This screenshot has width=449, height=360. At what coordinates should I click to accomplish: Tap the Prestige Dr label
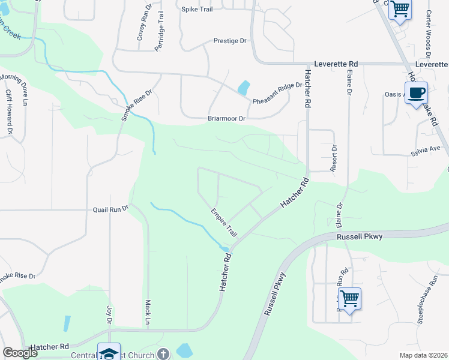tap(231, 41)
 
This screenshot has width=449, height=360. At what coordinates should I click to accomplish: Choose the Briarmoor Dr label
tap(227, 119)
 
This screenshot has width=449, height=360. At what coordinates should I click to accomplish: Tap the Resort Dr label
tap(334, 158)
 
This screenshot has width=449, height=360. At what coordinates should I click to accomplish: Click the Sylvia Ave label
tap(426, 148)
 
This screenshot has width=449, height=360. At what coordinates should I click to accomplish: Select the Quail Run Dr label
tap(111, 209)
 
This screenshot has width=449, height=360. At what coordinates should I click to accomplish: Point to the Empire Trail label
tap(224, 221)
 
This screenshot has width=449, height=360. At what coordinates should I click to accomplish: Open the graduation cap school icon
tap(109, 352)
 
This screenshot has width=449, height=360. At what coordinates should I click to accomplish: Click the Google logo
tap(21, 352)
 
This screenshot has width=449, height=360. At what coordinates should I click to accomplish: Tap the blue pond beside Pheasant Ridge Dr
tap(243, 88)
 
